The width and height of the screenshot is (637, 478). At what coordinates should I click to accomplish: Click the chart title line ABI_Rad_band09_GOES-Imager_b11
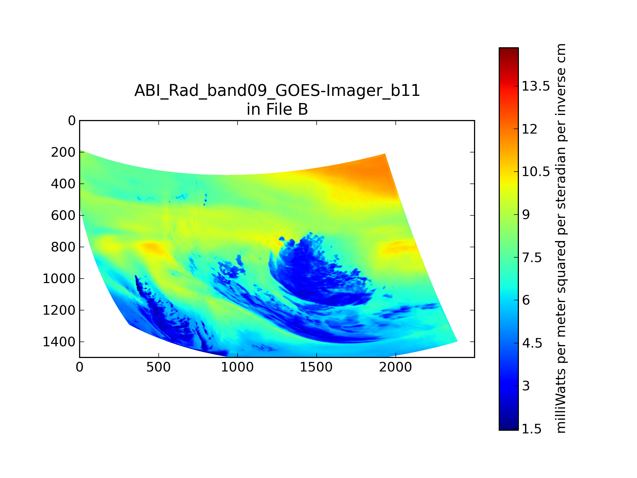click(277, 91)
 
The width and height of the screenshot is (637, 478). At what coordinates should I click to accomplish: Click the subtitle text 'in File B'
click(277, 109)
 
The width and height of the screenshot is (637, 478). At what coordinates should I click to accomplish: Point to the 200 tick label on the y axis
click(63, 152)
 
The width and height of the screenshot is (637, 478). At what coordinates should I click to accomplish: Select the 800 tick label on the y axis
click(63, 247)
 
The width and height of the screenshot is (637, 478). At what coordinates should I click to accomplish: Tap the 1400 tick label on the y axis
click(59, 342)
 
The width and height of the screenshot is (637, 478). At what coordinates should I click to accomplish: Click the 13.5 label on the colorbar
click(536, 86)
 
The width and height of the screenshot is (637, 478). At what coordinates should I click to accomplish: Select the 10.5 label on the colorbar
click(536, 172)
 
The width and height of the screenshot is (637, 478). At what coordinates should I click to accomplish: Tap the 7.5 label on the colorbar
click(532, 258)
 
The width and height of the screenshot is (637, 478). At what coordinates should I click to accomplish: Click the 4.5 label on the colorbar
click(532, 343)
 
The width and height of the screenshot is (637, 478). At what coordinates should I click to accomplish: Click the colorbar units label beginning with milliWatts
click(561, 238)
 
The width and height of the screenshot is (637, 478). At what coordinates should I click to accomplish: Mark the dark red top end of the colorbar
click(509, 50)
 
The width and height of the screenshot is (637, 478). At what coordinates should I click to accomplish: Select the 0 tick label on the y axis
click(72, 121)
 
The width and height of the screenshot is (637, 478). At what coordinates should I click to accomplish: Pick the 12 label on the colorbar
click(529, 129)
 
